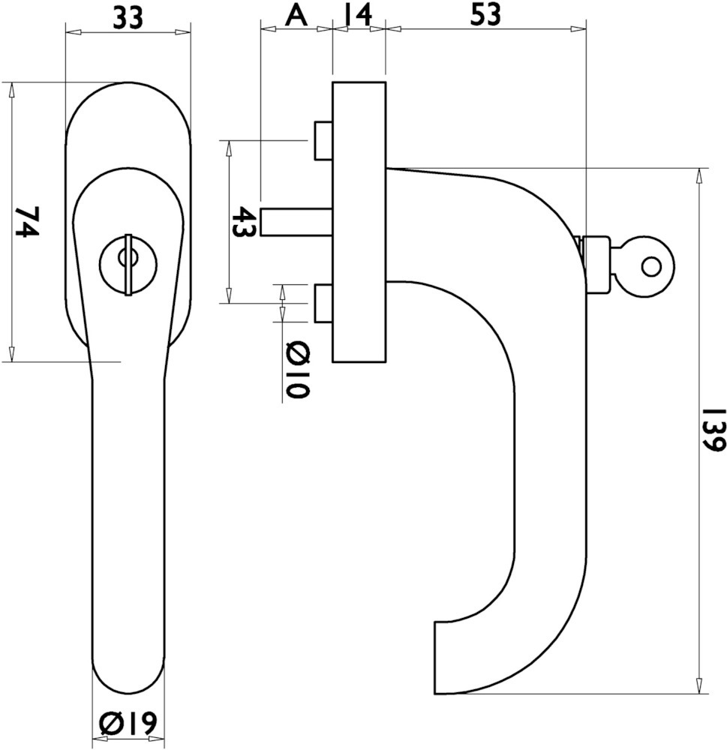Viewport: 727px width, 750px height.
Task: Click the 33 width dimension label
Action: (x=128, y=19)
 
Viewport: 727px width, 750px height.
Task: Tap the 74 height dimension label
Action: (x=26, y=221)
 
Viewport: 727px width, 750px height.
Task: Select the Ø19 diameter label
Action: (x=128, y=722)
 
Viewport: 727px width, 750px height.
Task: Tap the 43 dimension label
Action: (x=244, y=222)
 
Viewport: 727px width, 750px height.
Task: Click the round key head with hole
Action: (x=650, y=267)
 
